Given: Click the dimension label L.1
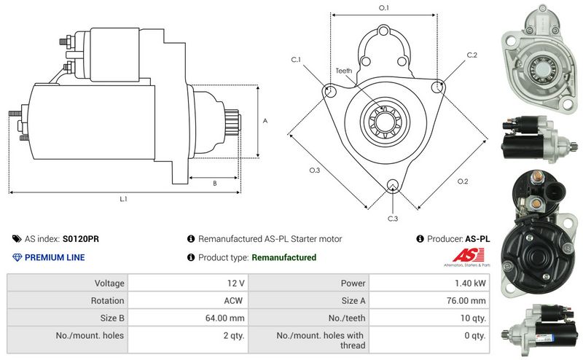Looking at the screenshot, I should click(x=123, y=198).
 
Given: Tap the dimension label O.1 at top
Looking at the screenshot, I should click(x=383, y=8).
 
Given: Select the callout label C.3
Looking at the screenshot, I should click(x=393, y=219).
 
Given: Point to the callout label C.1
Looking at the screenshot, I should click(x=296, y=59).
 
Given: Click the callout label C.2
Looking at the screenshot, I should click(x=472, y=55).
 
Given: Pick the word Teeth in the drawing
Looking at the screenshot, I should click(x=344, y=71).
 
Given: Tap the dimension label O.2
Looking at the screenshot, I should click(x=462, y=181).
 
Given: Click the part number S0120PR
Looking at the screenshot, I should click(x=82, y=238).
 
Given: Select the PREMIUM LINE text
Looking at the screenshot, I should click(x=55, y=257).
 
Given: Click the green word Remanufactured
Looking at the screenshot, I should click(x=283, y=257).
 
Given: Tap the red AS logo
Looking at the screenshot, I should click(x=463, y=255).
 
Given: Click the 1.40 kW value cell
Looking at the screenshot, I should click(x=472, y=283).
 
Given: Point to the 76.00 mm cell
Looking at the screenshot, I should click(x=468, y=300).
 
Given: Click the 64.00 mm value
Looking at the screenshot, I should click(x=227, y=318).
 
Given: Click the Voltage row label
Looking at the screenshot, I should click(x=109, y=283).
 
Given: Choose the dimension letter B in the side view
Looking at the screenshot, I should click(x=214, y=184).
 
